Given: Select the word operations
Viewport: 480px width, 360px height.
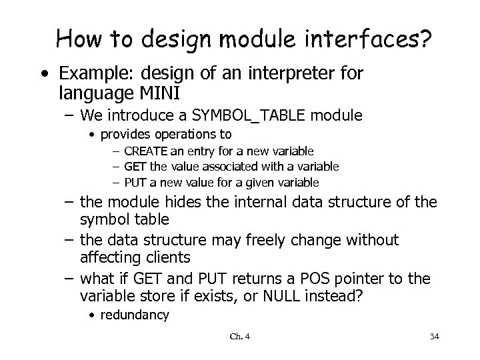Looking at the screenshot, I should (183, 135).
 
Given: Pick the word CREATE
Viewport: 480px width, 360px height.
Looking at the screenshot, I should (145, 152).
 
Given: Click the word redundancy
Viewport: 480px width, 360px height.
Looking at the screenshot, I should (135, 315).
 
